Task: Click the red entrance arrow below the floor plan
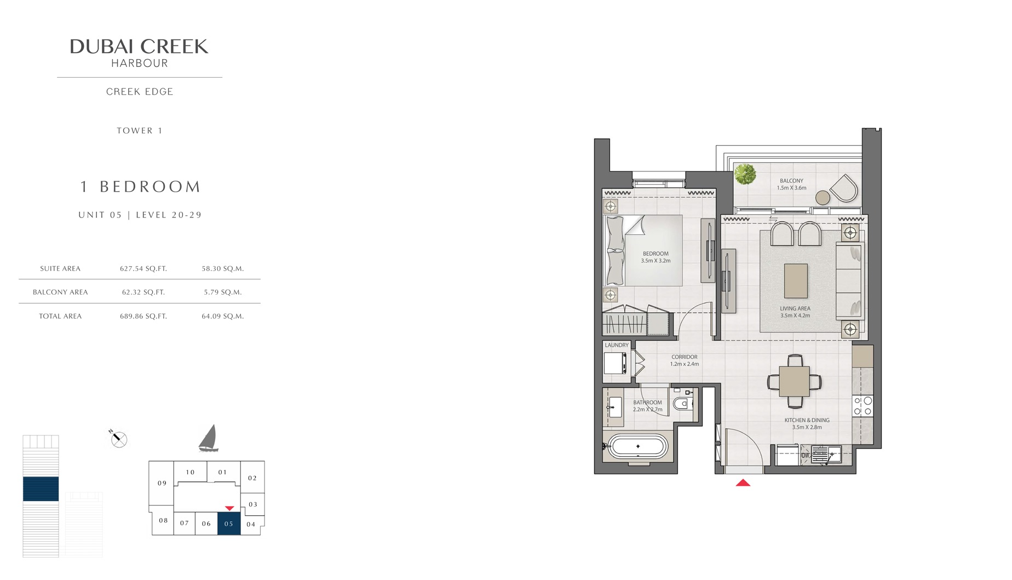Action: pyautogui.click(x=743, y=483)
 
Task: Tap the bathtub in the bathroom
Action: pyautogui.click(x=637, y=446)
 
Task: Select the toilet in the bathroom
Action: pyautogui.click(x=681, y=405)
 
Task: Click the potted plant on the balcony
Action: pyautogui.click(x=745, y=174)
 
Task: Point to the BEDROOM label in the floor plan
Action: pyautogui.click(x=656, y=254)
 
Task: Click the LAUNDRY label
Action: pyautogui.click(x=617, y=346)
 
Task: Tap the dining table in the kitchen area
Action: pyautogui.click(x=794, y=381)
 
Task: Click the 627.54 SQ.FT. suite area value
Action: pyautogui.click(x=143, y=269)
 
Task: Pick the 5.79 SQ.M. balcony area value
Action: pyautogui.click(x=223, y=292)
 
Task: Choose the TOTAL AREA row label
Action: pyautogui.click(x=60, y=317)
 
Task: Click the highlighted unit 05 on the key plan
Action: pyautogui.click(x=229, y=524)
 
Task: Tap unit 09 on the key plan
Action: pyautogui.click(x=162, y=483)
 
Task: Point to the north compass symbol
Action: pyautogui.click(x=118, y=439)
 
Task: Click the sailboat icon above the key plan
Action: pyautogui.click(x=209, y=439)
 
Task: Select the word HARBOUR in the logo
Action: pyautogui.click(x=140, y=64)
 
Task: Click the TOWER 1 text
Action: pyautogui.click(x=140, y=131)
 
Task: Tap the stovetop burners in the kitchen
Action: pyautogui.click(x=863, y=406)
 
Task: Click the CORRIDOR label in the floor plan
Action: pyautogui.click(x=685, y=357)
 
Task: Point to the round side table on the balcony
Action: pyautogui.click(x=823, y=197)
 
